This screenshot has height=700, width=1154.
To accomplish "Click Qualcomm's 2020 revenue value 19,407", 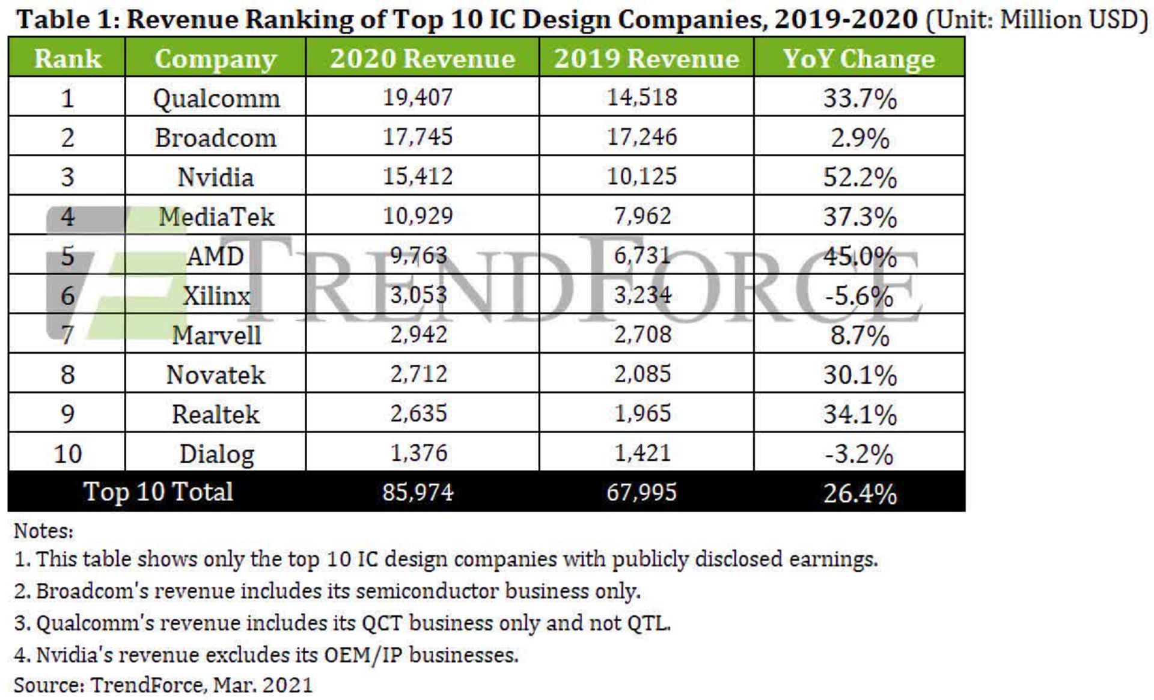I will pos(418,97).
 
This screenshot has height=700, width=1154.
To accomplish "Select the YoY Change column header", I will pos(859,58).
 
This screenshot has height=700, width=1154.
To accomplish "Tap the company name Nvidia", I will pos(216,177).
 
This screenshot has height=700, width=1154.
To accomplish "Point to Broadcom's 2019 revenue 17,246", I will pos(642,137).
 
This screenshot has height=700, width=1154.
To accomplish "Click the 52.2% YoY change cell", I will pos(859,177).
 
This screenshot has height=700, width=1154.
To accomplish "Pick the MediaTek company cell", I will pos(216,216).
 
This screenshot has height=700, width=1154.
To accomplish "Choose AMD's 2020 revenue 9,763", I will pos(418,256).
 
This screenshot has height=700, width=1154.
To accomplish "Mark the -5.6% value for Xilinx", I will pos(859,296).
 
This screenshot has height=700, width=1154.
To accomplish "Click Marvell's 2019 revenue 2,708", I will pos(643,335).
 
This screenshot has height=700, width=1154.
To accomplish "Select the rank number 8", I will pos(67,374).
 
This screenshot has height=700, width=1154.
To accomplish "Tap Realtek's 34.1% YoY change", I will pos(859,414).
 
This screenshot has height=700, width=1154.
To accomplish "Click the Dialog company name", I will pos(216,454).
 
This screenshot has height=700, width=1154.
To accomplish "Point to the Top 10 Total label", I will pos(157,492).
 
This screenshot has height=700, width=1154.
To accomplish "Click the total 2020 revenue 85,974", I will pos(418,493).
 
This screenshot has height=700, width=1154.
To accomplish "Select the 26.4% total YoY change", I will pos(859,493).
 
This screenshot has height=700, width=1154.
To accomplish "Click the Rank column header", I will pos(67,58).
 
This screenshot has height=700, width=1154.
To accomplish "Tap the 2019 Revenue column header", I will pos(647,58).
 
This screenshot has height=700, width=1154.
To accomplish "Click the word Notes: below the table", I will pos(43,531).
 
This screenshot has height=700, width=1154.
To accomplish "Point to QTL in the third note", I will pos(649,623).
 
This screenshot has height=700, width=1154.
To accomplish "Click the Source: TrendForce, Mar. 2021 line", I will pos(163,685).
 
